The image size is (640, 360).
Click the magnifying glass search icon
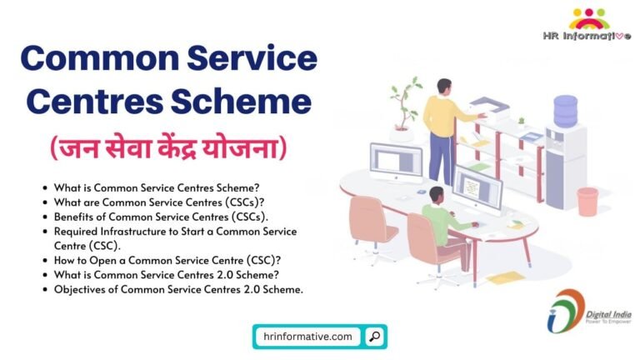(x=375, y=337)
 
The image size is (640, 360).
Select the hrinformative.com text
(x=307, y=337)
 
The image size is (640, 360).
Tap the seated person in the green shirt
(x=438, y=221)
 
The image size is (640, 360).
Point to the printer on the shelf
(x=489, y=107)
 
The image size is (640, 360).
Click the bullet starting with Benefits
(x=138, y=216)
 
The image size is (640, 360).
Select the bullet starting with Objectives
(x=178, y=289)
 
